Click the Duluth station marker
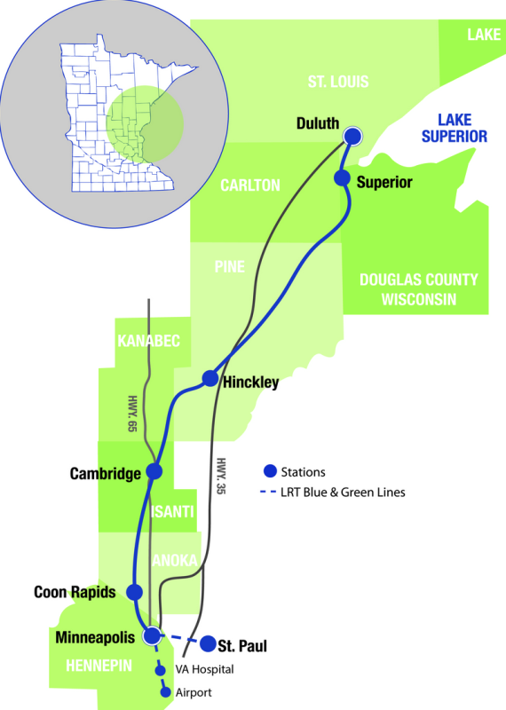coord(353,136)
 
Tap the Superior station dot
coord(342,178)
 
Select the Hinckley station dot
coord(210,379)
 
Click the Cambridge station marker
coord(154,471)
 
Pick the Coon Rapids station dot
coord(135,592)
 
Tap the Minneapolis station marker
coord(152,635)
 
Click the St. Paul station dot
coord(208,643)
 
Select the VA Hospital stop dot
coord(161,671)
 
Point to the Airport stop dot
coord(165,692)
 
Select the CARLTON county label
coord(250,185)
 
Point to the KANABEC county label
coord(148,341)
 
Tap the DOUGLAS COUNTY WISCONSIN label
coord(418,289)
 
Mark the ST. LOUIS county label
coord(337,83)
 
